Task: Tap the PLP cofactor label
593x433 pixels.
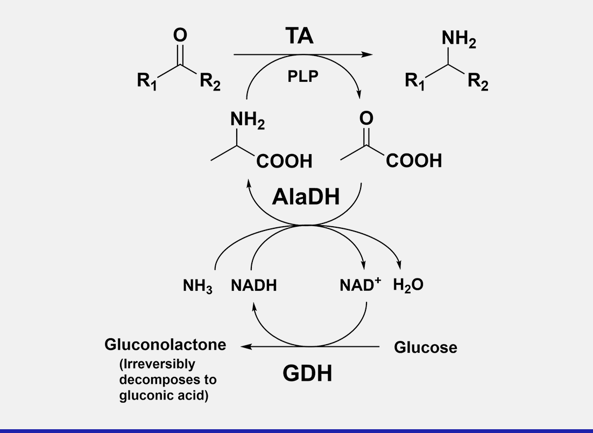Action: (x=302, y=76)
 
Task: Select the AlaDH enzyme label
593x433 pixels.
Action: (x=306, y=197)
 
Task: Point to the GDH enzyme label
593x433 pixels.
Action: (x=307, y=373)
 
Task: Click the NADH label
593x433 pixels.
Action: (x=253, y=286)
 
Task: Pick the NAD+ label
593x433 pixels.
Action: (x=359, y=285)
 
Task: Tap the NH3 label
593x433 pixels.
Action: (x=197, y=287)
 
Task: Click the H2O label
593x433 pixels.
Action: (x=408, y=285)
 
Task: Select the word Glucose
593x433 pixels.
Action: (x=426, y=347)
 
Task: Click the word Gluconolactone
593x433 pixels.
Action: (x=165, y=345)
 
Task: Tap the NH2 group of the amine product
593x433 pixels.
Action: (x=458, y=40)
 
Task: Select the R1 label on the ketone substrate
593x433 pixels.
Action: (x=146, y=82)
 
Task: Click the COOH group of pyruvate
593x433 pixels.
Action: (x=413, y=160)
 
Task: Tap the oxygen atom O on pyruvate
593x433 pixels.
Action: (x=366, y=118)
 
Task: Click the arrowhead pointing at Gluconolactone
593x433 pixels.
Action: (x=244, y=346)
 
